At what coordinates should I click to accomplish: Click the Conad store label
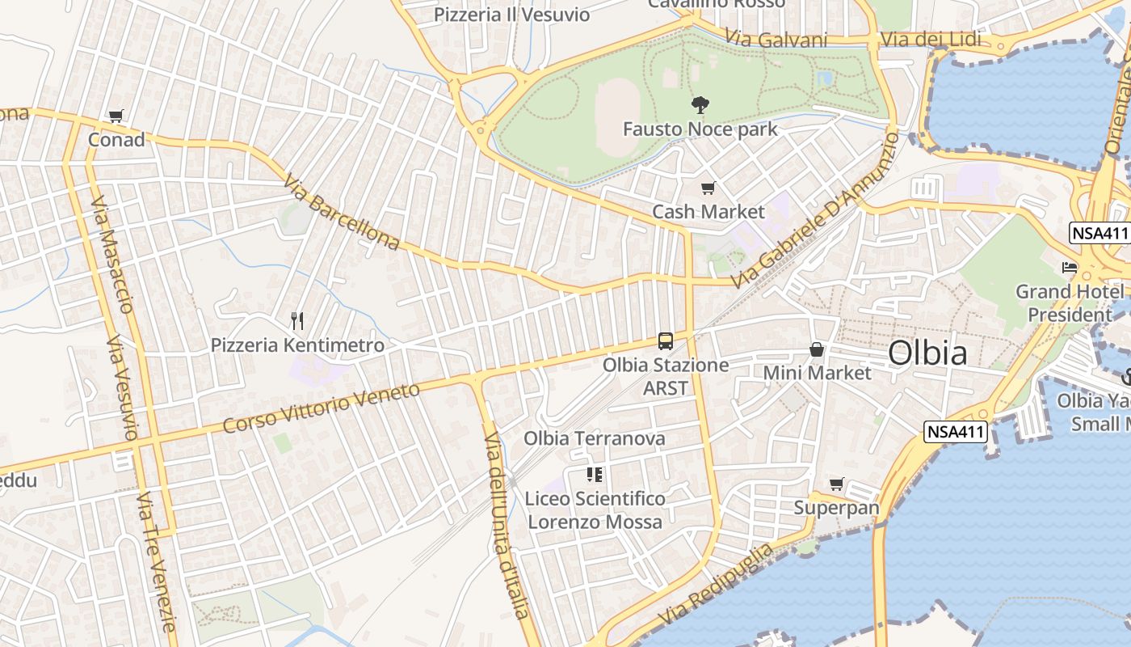click(116, 140)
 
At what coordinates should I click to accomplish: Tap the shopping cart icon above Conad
click(116, 116)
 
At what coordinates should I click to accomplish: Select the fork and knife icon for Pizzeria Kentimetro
click(297, 321)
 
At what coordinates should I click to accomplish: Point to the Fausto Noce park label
click(700, 129)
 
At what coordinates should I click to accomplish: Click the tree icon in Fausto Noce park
click(700, 104)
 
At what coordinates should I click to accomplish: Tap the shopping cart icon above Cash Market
click(708, 188)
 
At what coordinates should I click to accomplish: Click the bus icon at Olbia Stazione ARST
click(666, 341)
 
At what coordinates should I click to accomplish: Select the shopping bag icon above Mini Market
click(817, 349)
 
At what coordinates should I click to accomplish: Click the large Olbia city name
click(927, 353)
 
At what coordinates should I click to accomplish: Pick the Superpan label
click(836, 508)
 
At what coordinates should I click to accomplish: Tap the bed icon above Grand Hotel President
click(1070, 267)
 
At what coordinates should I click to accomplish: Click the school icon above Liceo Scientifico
click(595, 475)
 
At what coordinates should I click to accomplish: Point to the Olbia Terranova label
click(595, 438)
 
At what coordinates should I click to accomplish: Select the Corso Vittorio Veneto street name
click(322, 408)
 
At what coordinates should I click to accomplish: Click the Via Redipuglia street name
click(716, 585)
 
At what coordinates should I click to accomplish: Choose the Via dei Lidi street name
click(931, 40)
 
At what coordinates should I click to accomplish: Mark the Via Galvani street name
click(776, 38)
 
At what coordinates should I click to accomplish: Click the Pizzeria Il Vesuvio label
click(512, 15)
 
